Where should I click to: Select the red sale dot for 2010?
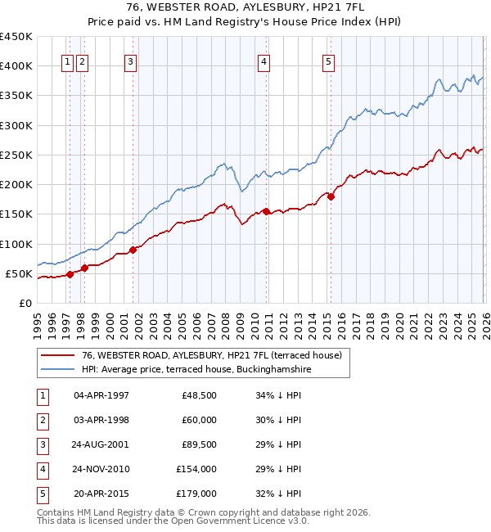(266, 212)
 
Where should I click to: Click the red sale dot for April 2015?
(331, 196)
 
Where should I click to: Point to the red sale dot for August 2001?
(133, 250)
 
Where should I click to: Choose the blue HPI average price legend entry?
(196, 369)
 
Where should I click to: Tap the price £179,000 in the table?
(196, 494)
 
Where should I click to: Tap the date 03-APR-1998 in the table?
(101, 420)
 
